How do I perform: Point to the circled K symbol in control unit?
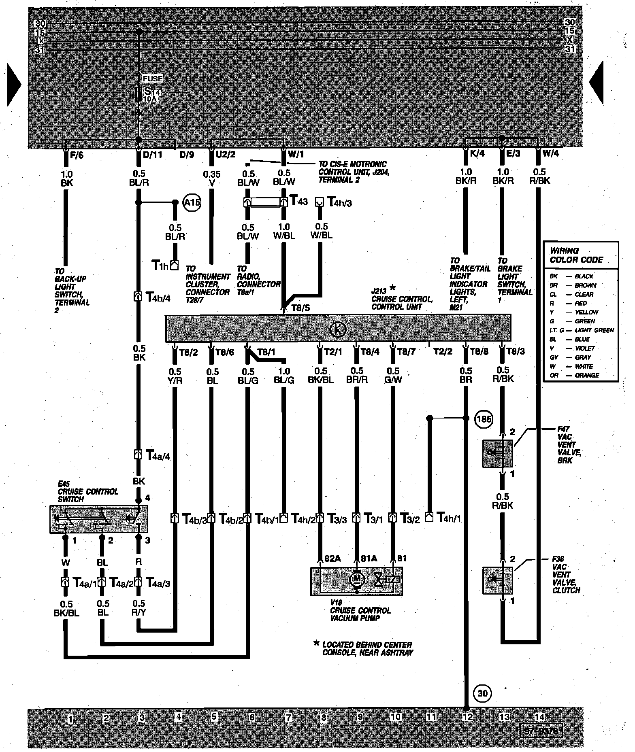[x=338, y=330]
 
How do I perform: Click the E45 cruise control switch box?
[x=98, y=518]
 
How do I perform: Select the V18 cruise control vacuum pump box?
[x=356, y=581]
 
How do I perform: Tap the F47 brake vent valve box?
[x=497, y=453]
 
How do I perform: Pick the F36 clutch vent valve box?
[x=497, y=580]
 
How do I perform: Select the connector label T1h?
[x=160, y=266]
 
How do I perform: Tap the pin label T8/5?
[x=300, y=308]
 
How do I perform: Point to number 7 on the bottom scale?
[x=288, y=718]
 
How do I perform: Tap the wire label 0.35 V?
[x=211, y=178]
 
